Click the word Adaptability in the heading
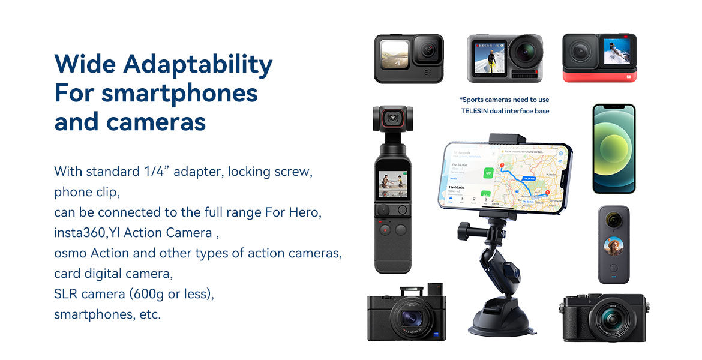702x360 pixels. click(198, 65)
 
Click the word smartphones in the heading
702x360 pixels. click(179, 93)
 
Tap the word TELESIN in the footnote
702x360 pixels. click(475, 111)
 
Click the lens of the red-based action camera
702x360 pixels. click(581, 52)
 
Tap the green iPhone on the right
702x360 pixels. click(613, 148)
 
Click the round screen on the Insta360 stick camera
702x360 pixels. click(613, 246)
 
